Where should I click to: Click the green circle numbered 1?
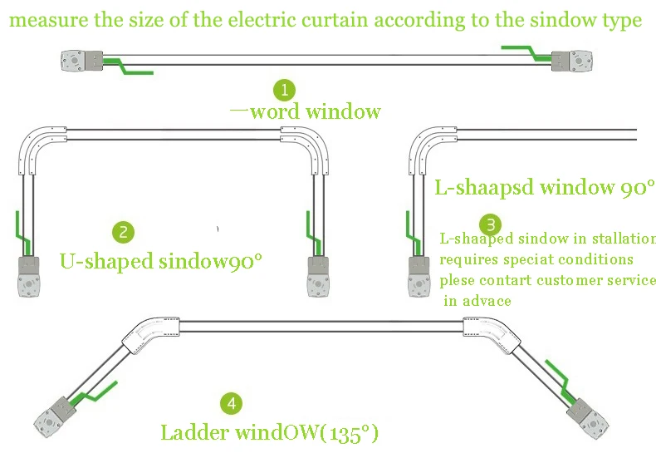point(285,90)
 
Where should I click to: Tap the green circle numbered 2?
point(124,232)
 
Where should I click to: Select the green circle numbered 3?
point(490,224)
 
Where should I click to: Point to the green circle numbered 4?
point(232,404)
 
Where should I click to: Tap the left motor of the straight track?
point(82,61)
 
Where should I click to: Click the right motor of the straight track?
point(571,61)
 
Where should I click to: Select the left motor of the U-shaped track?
point(29,277)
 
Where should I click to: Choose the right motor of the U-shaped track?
point(318,277)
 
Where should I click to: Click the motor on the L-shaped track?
point(419,277)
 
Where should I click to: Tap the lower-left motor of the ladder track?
point(55,417)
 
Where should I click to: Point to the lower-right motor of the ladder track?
point(587,419)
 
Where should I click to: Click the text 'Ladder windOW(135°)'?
point(269,432)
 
